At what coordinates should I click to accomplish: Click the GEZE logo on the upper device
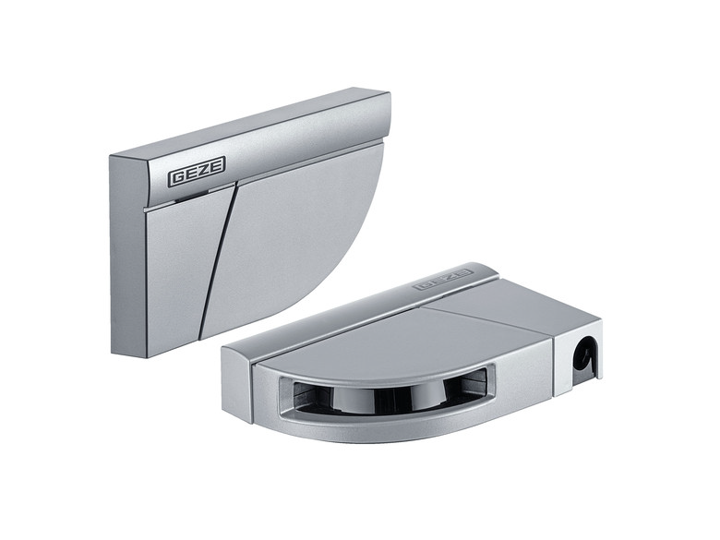(x=198, y=175)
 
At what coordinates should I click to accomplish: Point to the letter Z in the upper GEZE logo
(x=205, y=174)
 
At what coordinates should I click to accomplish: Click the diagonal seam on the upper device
(x=218, y=258)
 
